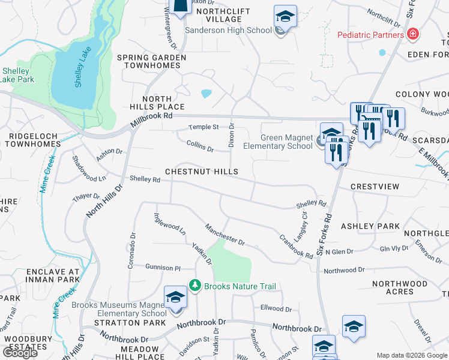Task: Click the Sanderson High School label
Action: [229, 31]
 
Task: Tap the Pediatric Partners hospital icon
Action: [412, 34]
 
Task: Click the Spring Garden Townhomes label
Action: [151, 62]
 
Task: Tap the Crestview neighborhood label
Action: [375, 187]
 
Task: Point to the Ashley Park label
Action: [370, 226]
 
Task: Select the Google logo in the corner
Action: [20, 353]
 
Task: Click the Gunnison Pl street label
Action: [163, 267]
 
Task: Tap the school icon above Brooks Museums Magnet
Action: [175, 297]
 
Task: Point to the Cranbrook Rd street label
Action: [296, 246]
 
